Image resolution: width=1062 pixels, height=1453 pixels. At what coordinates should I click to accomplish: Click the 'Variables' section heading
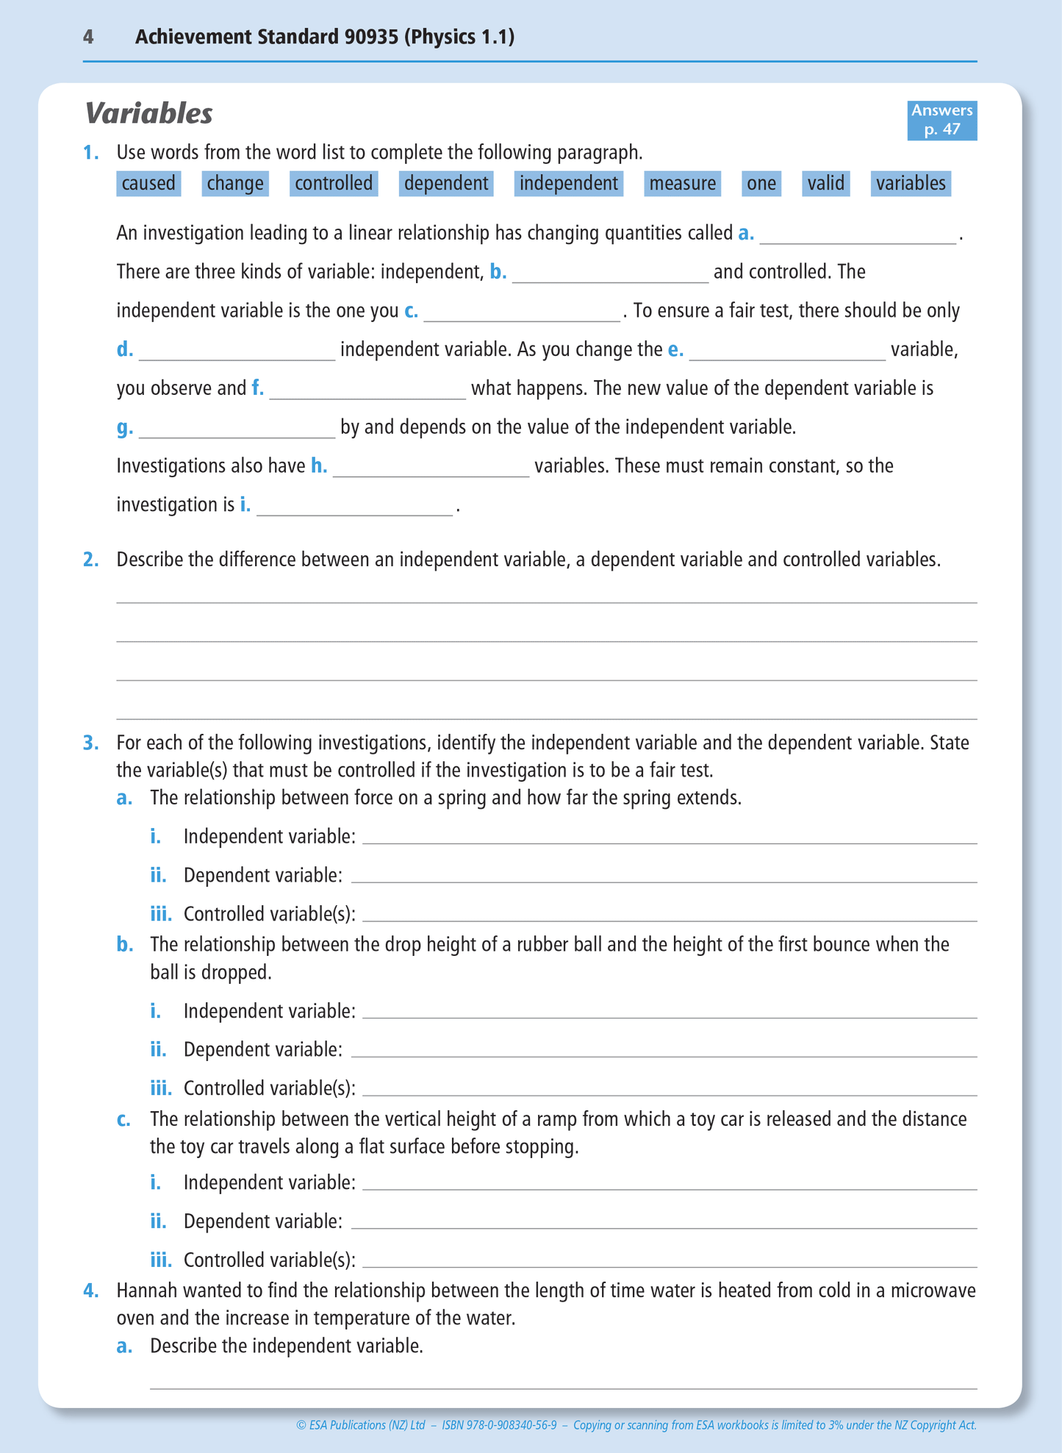(149, 114)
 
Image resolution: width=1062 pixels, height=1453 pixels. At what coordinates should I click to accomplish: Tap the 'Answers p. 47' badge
(941, 120)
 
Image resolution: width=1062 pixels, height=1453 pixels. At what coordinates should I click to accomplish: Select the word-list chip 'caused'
(148, 183)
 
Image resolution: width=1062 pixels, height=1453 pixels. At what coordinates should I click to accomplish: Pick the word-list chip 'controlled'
(334, 183)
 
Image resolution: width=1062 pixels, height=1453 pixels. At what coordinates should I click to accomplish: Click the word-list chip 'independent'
(568, 183)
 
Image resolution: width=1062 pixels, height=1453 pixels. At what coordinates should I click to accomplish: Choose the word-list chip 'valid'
(825, 183)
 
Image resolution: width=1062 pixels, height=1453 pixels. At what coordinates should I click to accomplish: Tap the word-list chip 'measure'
(682, 183)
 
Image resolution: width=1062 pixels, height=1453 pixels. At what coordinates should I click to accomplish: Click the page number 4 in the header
(88, 37)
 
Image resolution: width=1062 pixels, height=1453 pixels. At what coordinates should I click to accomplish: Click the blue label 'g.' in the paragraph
(125, 427)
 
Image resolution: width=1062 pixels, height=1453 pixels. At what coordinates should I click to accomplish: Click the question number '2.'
(90, 560)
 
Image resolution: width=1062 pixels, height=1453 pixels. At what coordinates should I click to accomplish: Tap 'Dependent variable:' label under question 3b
(262, 1049)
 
